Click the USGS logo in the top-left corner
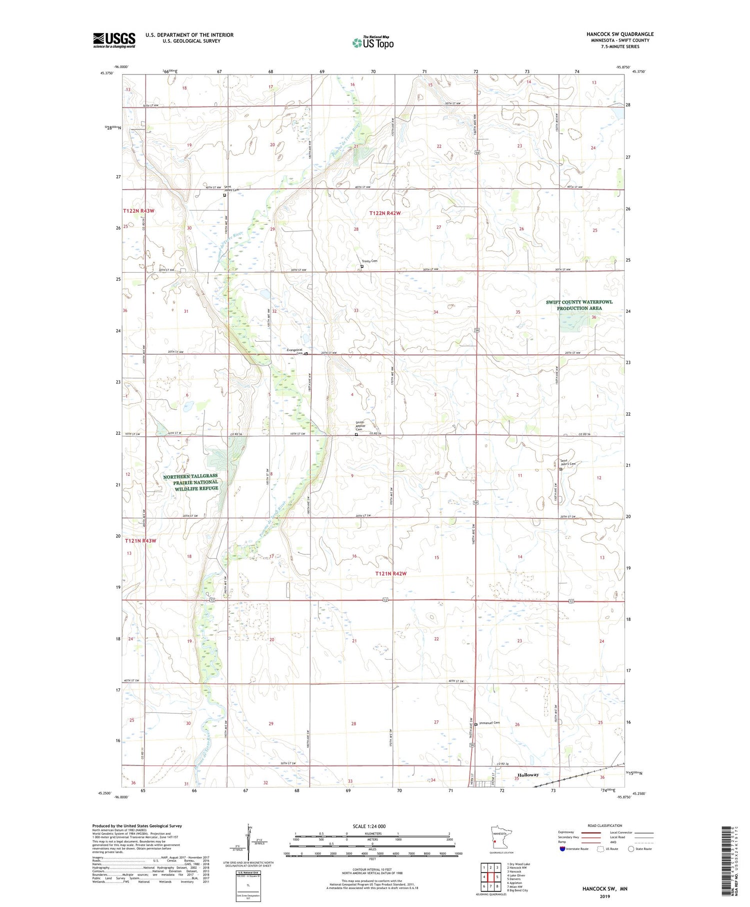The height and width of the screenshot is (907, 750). click(114, 40)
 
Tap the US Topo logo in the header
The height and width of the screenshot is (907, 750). click(372, 43)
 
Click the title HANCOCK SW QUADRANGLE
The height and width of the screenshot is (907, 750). click(620, 34)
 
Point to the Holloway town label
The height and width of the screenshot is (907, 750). click(528, 775)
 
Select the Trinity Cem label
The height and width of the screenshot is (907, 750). click(370, 261)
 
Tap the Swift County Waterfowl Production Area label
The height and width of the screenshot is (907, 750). click(579, 305)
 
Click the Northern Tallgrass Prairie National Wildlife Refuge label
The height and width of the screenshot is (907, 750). click(190, 482)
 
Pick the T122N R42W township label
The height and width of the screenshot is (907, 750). click(385, 214)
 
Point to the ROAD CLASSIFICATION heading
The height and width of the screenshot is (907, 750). click(605, 825)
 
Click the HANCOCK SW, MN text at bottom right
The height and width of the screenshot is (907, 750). click(604, 888)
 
